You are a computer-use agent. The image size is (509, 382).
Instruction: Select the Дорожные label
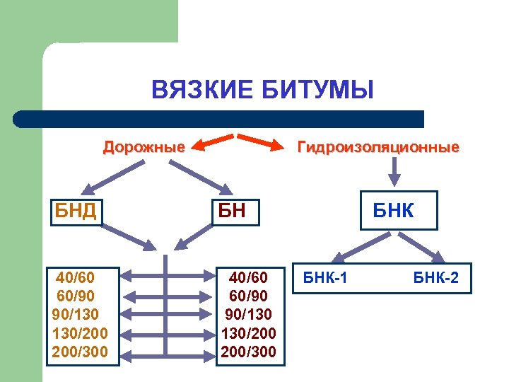click(144, 147)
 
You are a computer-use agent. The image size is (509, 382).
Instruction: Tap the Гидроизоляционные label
click(378, 147)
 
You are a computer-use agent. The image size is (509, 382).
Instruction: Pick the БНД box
click(76, 210)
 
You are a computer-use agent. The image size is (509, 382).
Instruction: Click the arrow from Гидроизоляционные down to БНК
click(395, 170)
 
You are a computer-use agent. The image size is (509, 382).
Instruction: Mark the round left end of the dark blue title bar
click(21, 118)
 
